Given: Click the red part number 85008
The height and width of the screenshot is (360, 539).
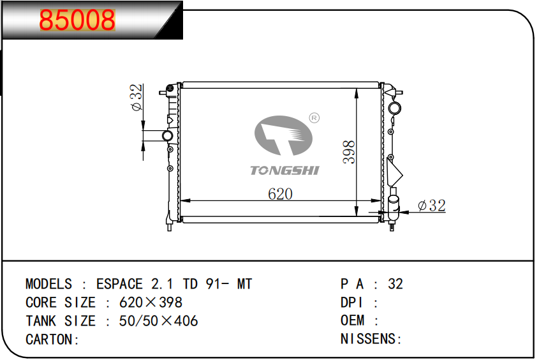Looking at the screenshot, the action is [x=77, y=20].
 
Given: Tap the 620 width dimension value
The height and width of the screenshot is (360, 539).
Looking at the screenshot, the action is [x=280, y=194].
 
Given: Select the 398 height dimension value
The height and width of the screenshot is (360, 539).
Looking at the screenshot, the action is [x=349, y=152].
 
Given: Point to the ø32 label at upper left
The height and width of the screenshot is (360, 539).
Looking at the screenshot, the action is [x=137, y=97].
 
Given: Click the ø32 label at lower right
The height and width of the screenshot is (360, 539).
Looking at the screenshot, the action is [x=432, y=206].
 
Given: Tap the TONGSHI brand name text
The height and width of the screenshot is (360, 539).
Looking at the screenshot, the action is [x=284, y=170].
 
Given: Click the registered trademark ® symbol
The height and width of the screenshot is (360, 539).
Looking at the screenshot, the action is [x=314, y=118].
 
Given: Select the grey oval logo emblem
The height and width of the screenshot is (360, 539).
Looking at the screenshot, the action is [x=283, y=135].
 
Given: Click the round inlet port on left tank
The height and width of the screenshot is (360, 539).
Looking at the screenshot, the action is [x=167, y=135].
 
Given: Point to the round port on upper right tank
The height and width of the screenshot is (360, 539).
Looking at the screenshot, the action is [x=394, y=108].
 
